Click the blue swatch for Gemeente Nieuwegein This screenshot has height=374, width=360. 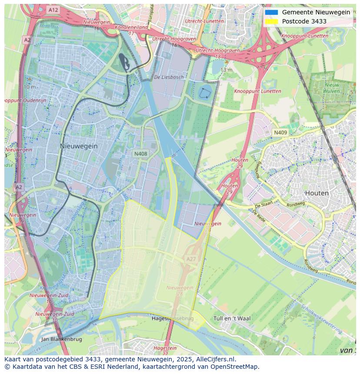point(271,12)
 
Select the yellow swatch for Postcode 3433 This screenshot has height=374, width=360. point(271,21)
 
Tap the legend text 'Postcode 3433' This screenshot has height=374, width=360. point(304,21)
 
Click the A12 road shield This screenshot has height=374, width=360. point(53,10)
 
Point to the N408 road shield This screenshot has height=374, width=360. point(140,154)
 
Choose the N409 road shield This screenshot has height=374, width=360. point(280,132)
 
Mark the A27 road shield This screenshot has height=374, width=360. point(191,259)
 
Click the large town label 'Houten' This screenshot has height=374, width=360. point(317,193)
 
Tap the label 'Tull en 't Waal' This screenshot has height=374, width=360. point(232,318)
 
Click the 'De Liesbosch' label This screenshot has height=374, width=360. point(169,77)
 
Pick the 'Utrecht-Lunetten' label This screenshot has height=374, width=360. point(204,21)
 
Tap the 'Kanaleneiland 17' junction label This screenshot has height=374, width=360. point(131,30)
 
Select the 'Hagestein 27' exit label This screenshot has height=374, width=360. point(165,350)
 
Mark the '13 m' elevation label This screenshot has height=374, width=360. point(226,70)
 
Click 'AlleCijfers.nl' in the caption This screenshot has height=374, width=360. point(214,359)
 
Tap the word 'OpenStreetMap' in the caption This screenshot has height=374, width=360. point(235,367)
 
